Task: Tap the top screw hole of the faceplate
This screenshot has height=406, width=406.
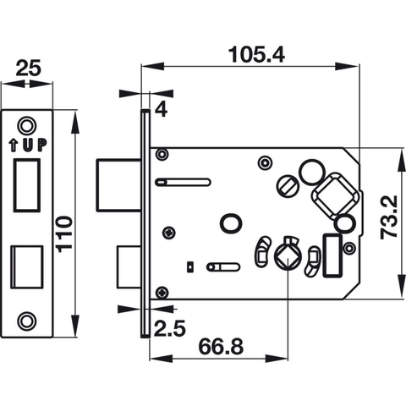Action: coord(30,123)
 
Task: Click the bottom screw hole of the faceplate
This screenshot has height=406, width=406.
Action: coord(30,321)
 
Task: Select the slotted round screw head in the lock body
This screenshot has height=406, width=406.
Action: coord(288,183)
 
